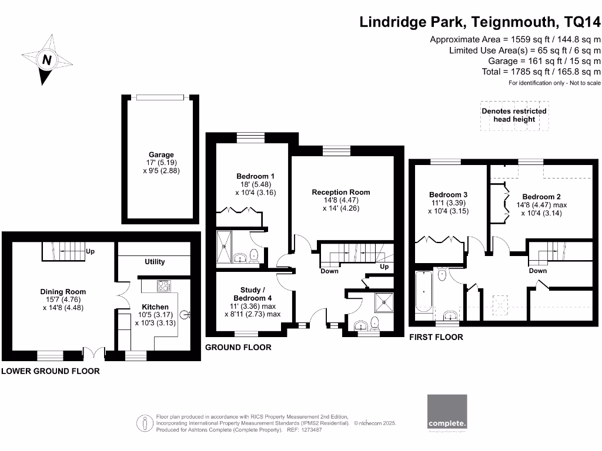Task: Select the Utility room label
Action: click(155, 262)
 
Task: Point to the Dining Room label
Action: click(63, 292)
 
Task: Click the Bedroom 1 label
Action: click(255, 176)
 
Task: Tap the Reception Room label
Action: click(341, 192)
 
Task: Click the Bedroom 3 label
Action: click(448, 195)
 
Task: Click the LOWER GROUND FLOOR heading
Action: click(50, 371)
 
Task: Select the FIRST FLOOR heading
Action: click(436, 337)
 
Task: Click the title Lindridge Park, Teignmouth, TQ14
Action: click(480, 22)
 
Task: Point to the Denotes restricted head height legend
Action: click(514, 115)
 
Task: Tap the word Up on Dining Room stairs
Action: click(91, 251)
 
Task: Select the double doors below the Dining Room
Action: click(93, 354)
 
